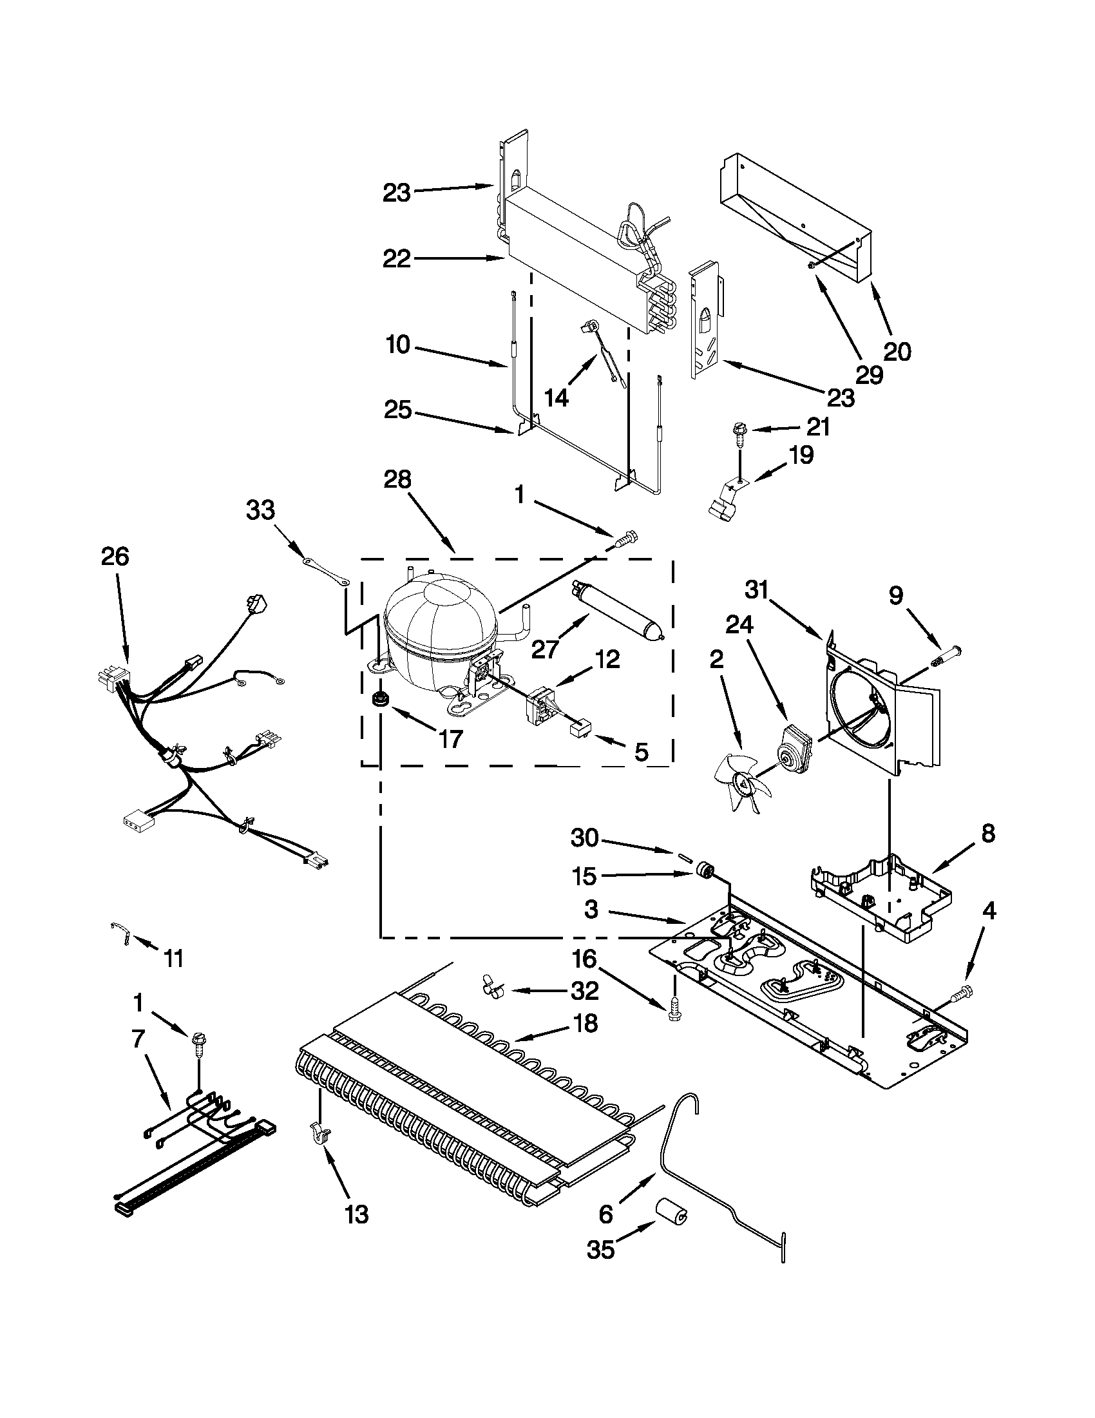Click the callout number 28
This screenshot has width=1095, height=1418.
coord(397,479)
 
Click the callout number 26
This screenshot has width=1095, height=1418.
coord(115,557)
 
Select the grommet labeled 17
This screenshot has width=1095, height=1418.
coord(377,701)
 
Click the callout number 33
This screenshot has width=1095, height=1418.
coord(260,510)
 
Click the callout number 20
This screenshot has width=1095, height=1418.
coord(898,351)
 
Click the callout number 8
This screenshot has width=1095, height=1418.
coord(988,833)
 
